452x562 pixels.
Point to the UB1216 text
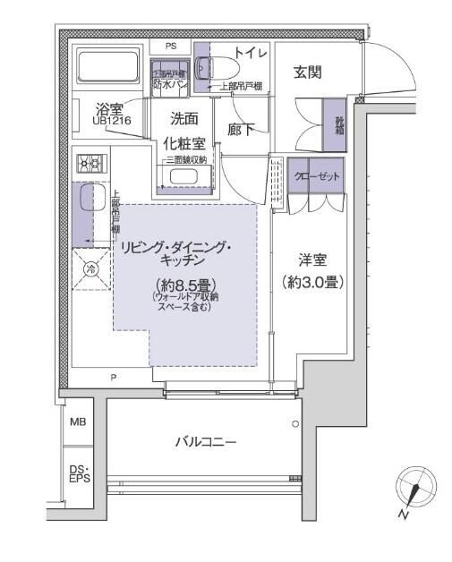pyautogui.click(x=110, y=120)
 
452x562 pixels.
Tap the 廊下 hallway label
pyautogui.click(x=240, y=129)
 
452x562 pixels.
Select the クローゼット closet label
pyautogui.click(x=317, y=176)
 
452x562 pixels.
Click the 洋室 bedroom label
pyautogui.click(x=312, y=261)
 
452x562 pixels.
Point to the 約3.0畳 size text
pyautogui.click(x=312, y=282)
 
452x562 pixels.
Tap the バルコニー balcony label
pyautogui.click(x=205, y=441)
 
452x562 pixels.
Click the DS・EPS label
pyautogui.click(x=79, y=473)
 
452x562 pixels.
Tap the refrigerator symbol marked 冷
pyautogui.click(x=90, y=268)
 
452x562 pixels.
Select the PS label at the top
pyautogui.click(x=170, y=46)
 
